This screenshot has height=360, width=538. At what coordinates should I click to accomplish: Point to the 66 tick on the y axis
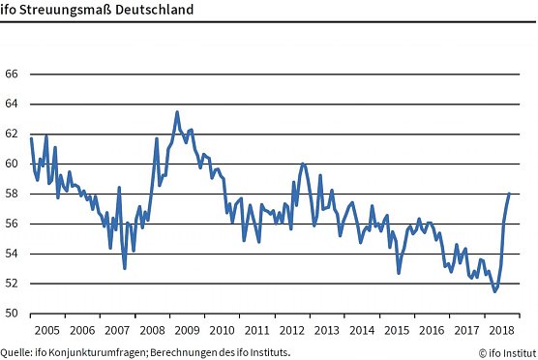(x=13, y=74)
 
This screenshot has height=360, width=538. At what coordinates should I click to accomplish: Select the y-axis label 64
(x=13, y=104)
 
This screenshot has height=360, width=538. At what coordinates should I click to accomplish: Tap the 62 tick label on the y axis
(x=13, y=134)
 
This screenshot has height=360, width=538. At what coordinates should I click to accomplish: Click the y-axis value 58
(x=13, y=194)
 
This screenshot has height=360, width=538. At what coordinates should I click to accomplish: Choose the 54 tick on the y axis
(x=13, y=254)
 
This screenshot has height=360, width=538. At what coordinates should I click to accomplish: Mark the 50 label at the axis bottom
(x=13, y=314)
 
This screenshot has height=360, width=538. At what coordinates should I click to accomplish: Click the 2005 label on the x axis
(x=46, y=329)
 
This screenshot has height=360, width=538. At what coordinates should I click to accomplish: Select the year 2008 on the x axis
(x=150, y=329)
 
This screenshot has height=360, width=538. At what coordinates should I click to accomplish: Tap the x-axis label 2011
(x=256, y=329)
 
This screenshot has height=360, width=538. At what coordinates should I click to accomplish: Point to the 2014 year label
(x=362, y=329)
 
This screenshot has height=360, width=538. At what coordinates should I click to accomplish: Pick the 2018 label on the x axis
(x=502, y=329)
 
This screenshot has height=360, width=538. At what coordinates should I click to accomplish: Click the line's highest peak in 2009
(x=177, y=111)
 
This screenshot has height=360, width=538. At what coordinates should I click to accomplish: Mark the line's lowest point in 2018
(x=495, y=290)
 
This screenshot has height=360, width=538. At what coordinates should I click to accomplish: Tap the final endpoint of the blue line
(x=510, y=194)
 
